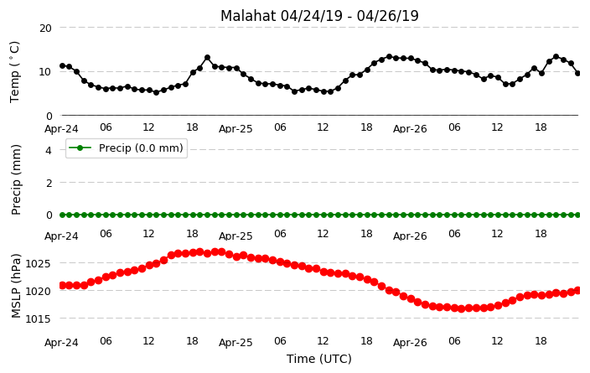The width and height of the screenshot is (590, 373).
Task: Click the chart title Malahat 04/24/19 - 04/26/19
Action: pyautogui.click(x=319, y=16)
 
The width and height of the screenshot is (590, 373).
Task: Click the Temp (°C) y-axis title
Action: pyautogui.click(x=14, y=72)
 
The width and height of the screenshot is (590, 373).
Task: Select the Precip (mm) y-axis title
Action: pyautogui.click(x=16, y=180)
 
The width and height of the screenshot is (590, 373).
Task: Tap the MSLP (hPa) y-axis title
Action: pyautogui.click(x=16, y=286)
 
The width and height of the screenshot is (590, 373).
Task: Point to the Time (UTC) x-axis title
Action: pyautogui.click(x=319, y=359)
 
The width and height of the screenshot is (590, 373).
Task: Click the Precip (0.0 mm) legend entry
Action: pyautogui.click(x=127, y=148)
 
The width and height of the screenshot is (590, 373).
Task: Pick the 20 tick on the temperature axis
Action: pyautogui.click(x=45, y=28)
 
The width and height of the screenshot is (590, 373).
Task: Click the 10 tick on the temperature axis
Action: pyautogui.click(x=45, y=72)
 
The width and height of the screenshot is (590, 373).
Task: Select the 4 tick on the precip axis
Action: pyautogui.click(x=49, y=151)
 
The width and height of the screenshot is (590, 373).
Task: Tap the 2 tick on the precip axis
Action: pyautogui.click(x=49, y=183)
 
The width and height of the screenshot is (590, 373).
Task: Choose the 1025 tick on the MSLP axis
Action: pyautogui.click(x=38, y=263)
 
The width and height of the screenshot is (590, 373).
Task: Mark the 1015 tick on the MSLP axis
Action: pyautogui.click(x=38, y=319)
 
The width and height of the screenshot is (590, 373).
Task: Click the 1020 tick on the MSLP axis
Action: pyautogui.click(x=38, y=292)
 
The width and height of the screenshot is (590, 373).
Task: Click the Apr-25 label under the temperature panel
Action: pyautogui.click(x=235, y=129)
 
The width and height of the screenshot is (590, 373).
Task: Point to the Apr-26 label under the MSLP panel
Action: pyautogui.click(x=410, y=343)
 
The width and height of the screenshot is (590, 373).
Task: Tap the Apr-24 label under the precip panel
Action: pyautogui.click(x=61, y=236)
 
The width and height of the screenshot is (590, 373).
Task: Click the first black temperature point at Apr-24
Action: pyautogui.click(x=63, y=66)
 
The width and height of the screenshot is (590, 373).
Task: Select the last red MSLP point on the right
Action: pyautogui.click(x=578, y=290)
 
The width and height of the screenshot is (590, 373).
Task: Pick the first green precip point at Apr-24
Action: pyautogui.click(x=63, y=215)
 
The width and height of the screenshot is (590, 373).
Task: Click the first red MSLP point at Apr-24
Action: pyautogui.click(x=63, y=286)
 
